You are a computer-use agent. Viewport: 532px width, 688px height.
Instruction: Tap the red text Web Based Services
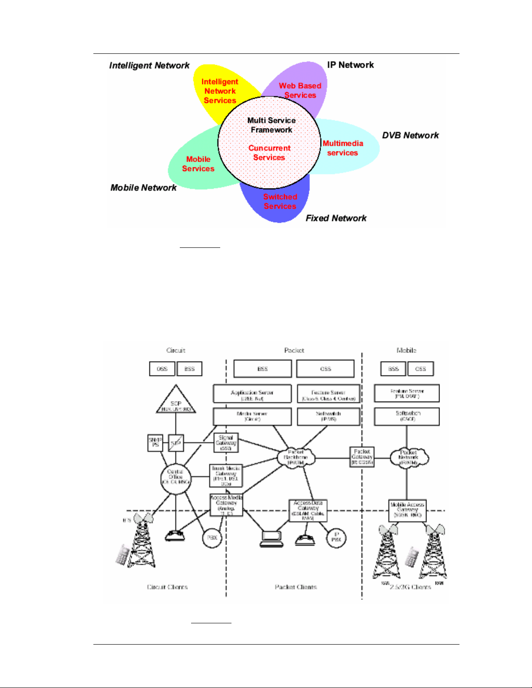coord(300,90)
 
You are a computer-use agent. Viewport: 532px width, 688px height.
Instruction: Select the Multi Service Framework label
coord(271,125)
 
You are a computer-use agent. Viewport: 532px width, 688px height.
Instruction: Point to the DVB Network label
coord(410,135)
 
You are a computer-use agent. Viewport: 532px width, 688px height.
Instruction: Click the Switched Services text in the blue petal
coord(280,201)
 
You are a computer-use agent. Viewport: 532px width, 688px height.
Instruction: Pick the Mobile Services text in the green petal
coord(198,164)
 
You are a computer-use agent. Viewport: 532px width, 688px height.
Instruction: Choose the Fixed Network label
coord(336,218)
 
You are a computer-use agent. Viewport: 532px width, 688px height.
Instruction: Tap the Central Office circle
coord(175,478)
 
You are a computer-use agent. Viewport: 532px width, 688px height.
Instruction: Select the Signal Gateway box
coord(226,443)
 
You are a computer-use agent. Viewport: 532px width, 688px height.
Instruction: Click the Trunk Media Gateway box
coord(226,476)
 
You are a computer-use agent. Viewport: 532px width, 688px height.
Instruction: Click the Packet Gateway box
coord(362,457)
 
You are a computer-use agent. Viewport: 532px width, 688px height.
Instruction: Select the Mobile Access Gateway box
coord(407,510)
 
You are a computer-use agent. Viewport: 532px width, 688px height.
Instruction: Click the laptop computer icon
coord(271,539)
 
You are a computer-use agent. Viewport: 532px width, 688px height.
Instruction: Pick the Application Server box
coord(252,394)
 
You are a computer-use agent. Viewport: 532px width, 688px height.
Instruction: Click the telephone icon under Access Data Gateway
coord(305,540)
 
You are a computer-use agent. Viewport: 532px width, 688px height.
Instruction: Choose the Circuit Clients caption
coord(167,587)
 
